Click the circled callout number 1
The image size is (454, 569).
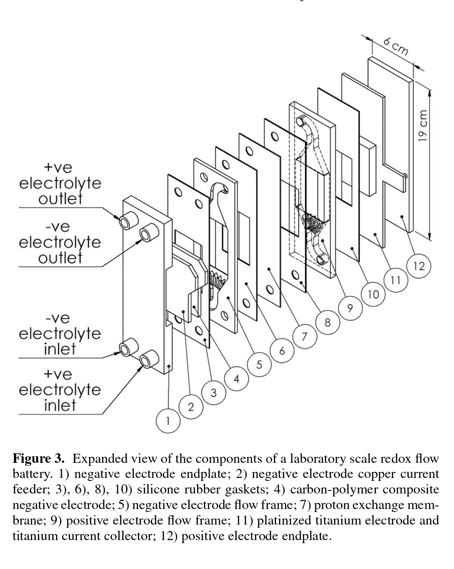pos(168,420)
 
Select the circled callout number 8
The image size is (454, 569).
pos(327,322)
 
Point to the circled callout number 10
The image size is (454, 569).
pos(373,294)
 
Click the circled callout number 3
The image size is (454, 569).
pos(213,392)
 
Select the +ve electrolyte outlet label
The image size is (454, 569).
pos(60,183)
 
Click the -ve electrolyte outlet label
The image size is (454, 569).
pos(60,242)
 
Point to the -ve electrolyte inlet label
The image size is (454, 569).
pos(60,334)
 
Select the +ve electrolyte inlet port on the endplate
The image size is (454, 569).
pos(147,360)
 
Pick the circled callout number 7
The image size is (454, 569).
pos(304,337)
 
